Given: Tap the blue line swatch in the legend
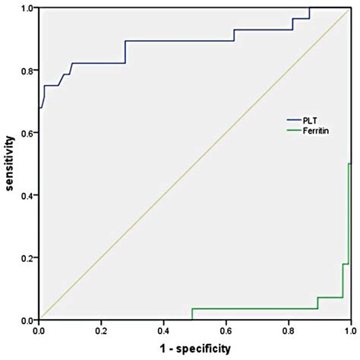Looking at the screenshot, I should tap(294, 120).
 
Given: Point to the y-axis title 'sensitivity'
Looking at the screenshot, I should tap(9, 164).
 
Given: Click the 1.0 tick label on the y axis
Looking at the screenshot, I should tap(27, 8).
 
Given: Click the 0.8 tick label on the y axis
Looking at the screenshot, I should tap(27, 71).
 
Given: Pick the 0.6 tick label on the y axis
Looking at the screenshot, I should tap(27, 133).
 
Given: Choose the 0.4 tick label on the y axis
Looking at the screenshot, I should tap(27, 196).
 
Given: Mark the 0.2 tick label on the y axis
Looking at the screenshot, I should tap(27, 258).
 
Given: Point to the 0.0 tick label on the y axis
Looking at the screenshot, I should tap(27, 321).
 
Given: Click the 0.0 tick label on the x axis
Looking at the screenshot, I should tap(39, 332).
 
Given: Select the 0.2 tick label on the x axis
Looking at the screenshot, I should tap(102, 332).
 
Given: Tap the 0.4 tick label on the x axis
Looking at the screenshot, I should tap(164, 332).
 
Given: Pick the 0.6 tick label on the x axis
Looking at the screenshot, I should tap(226, 332).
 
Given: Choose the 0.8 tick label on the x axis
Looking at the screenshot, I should tap(289, 332).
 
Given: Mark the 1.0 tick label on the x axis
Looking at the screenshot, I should tap(349, 332).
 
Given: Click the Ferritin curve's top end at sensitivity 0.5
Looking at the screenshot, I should tap(350, 164).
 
